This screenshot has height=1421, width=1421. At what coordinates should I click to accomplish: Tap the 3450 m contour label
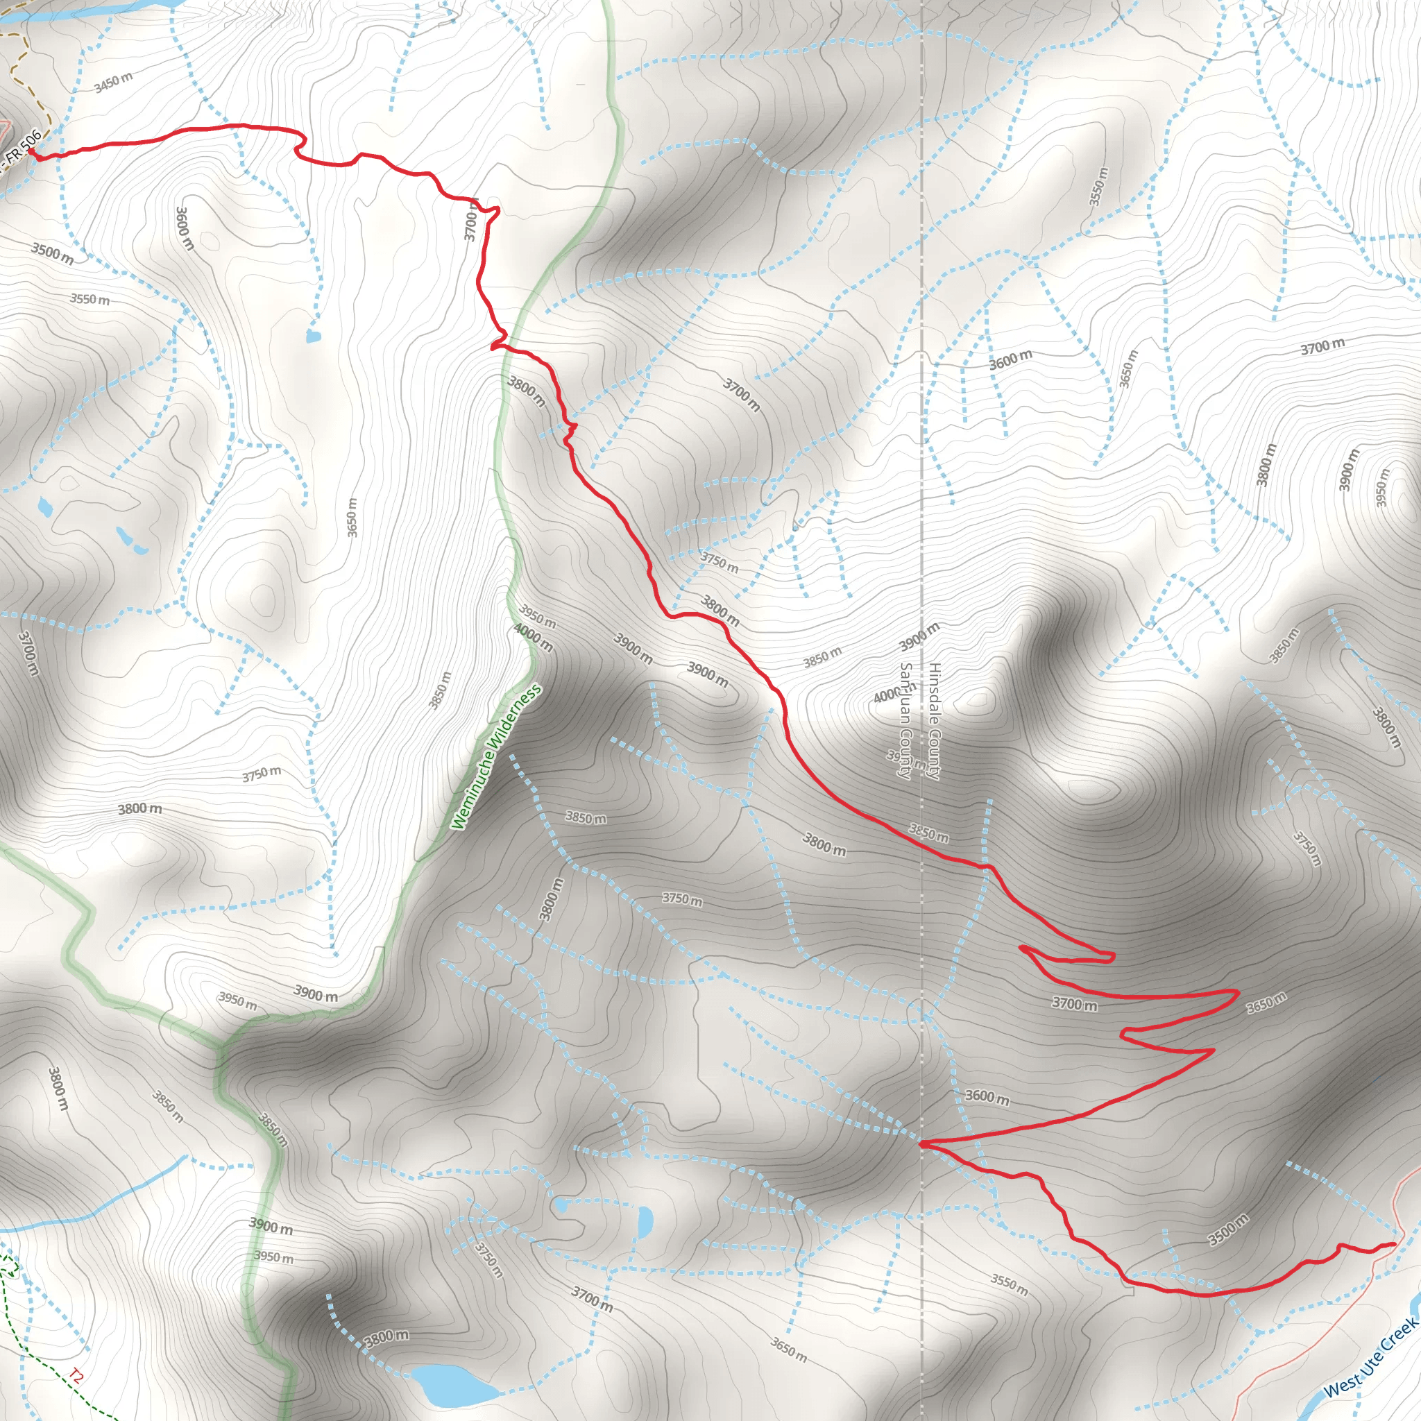coord(113,83)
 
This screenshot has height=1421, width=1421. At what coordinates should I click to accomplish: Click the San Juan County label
coord(906,721)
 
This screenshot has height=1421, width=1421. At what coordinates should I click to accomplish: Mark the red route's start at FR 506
coord(31,151)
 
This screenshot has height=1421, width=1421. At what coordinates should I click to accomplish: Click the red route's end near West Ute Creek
coord(1394,1244)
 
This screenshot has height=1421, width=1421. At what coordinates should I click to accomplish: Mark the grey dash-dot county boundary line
coord(922,515)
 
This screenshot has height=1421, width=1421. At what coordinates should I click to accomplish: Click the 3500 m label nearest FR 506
coord(51,253)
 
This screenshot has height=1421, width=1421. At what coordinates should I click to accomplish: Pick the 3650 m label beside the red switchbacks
coord(1266,1003)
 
